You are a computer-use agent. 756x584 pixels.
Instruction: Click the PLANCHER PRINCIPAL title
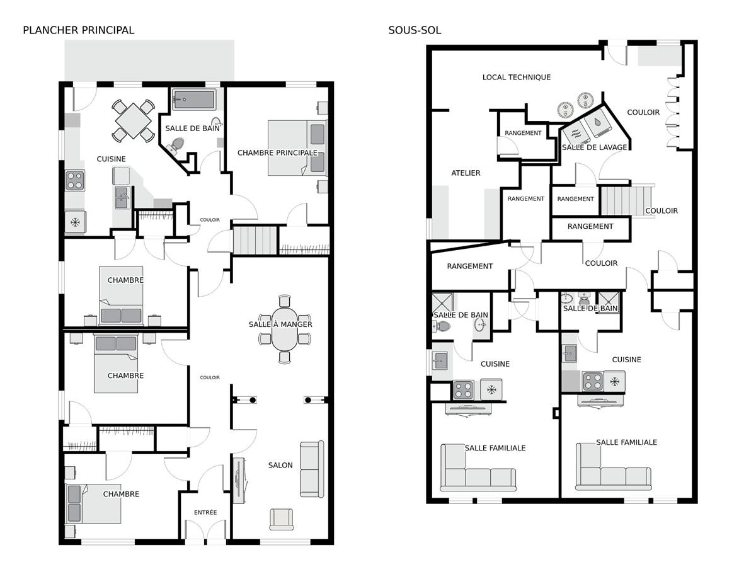coord(78,30)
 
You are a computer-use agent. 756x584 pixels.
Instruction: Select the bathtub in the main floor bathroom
coord(194,100)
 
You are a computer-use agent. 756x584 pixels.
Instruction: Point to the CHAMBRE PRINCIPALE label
coord(277,152)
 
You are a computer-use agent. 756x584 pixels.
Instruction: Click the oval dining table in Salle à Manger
coord(285,329)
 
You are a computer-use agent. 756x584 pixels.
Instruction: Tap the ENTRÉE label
coord(205,512)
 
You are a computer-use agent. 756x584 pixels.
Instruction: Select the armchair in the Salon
coord(282,518)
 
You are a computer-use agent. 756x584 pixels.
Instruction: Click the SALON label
coord(280,465)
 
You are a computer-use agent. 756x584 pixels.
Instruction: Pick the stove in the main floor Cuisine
coord(76,180)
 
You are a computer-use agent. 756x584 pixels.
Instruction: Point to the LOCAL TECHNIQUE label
coord(516,77)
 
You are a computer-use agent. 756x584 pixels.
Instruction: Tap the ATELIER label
coord(466,173)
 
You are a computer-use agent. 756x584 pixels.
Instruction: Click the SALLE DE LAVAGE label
coord(595,147)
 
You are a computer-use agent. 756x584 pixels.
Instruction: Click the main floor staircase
coord(255,240)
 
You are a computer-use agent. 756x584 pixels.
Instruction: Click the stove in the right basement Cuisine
coord(592,381)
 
